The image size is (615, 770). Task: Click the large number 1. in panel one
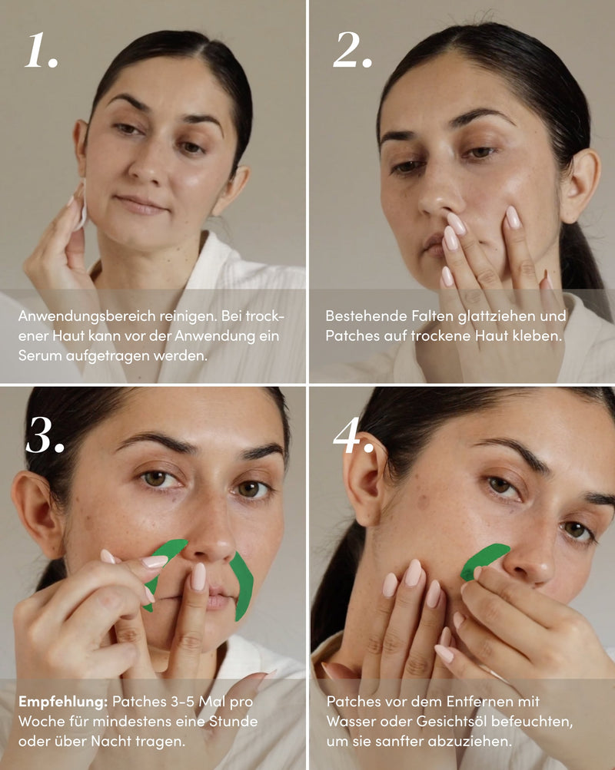click(41, 51)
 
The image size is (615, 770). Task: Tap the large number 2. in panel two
click(353, 51)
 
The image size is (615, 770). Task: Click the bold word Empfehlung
click(61, 702)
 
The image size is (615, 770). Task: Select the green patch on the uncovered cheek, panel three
click(243, 585)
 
